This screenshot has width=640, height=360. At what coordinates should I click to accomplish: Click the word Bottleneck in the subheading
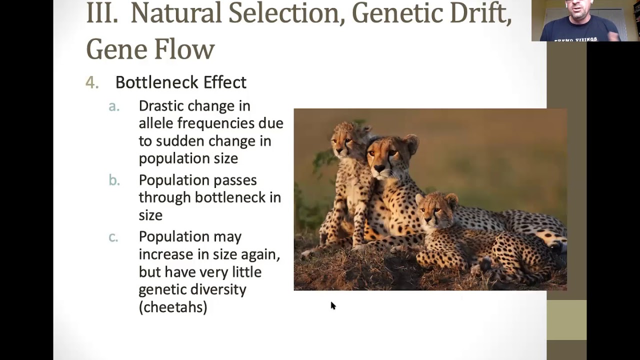tap(157, 82)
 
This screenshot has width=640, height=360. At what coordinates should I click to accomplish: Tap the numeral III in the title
tap(102, 13)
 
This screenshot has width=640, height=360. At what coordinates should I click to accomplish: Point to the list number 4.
tap(91, 82)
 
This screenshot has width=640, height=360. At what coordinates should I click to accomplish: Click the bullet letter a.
tap(114, 106)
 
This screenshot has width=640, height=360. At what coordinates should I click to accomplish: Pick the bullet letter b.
tap(114, 180)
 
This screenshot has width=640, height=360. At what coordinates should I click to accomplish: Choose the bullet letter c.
tap(113, 236)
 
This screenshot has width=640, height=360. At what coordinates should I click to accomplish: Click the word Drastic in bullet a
tap(163, 106)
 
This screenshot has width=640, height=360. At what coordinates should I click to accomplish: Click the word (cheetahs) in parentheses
tap(173, 307)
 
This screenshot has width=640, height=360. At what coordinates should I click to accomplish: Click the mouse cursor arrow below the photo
tap(333, 305)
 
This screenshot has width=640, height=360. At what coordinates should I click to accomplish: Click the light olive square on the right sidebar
tap(566, 320)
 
